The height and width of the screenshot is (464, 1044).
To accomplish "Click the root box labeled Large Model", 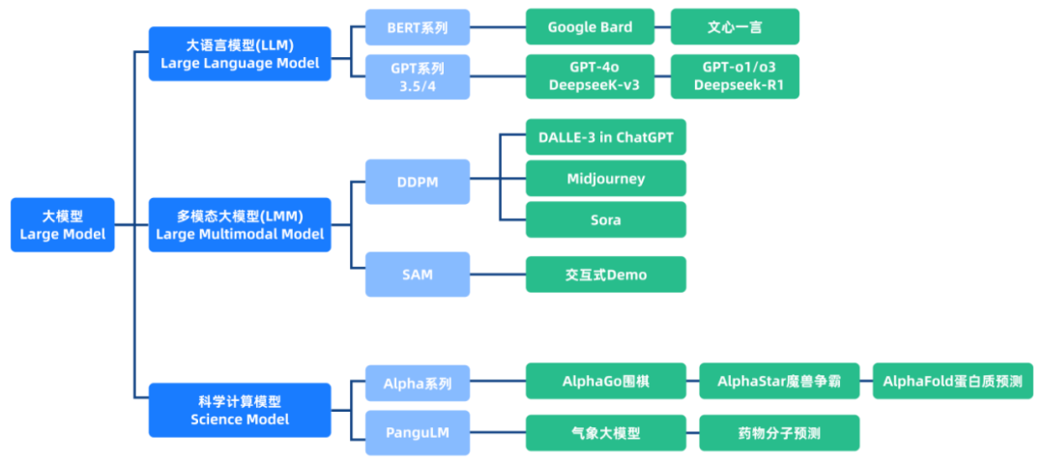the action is click(x=63, y=225).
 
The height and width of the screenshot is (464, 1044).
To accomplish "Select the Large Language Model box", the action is click(x=240, y=54).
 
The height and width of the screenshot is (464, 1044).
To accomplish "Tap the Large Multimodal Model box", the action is click(x=240, y=225).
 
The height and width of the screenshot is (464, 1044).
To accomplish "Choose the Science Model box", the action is click(x=240, y=410).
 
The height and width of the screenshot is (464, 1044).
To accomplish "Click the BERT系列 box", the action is click(x=418, y=27).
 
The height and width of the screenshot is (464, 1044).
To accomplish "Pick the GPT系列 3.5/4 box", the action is click(x=418, y=76).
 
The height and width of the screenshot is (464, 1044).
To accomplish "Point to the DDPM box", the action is click(x=418, y=182).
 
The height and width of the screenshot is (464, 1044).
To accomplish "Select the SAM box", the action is click(x=418, y=275).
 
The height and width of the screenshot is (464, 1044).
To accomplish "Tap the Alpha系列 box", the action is click(x=418, y=384).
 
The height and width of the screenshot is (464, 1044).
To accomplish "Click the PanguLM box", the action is click(x=418, y=433).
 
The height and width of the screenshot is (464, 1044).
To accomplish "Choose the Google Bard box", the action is click(x=590, y=27).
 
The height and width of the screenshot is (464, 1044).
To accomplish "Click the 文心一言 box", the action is click(x=735, y=27).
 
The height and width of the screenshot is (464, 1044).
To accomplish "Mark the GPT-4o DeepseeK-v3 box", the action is click(x=590, y=76).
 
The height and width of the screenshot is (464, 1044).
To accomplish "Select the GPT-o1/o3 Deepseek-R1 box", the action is click(x=735, y=76).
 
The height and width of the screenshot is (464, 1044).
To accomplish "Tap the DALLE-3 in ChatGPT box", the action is click(x=606, y=137).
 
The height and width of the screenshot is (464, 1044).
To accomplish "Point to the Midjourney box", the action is click(x=606, y=179).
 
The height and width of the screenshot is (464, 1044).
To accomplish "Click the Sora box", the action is click(x=606, y=219).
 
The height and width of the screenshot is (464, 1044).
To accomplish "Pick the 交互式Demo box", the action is click(x=606, y=275).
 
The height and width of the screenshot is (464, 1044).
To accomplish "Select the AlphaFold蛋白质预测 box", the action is click(x=953, y=381).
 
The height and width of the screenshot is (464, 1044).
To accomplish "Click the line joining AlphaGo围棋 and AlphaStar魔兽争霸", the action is click(x=692, y=381).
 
